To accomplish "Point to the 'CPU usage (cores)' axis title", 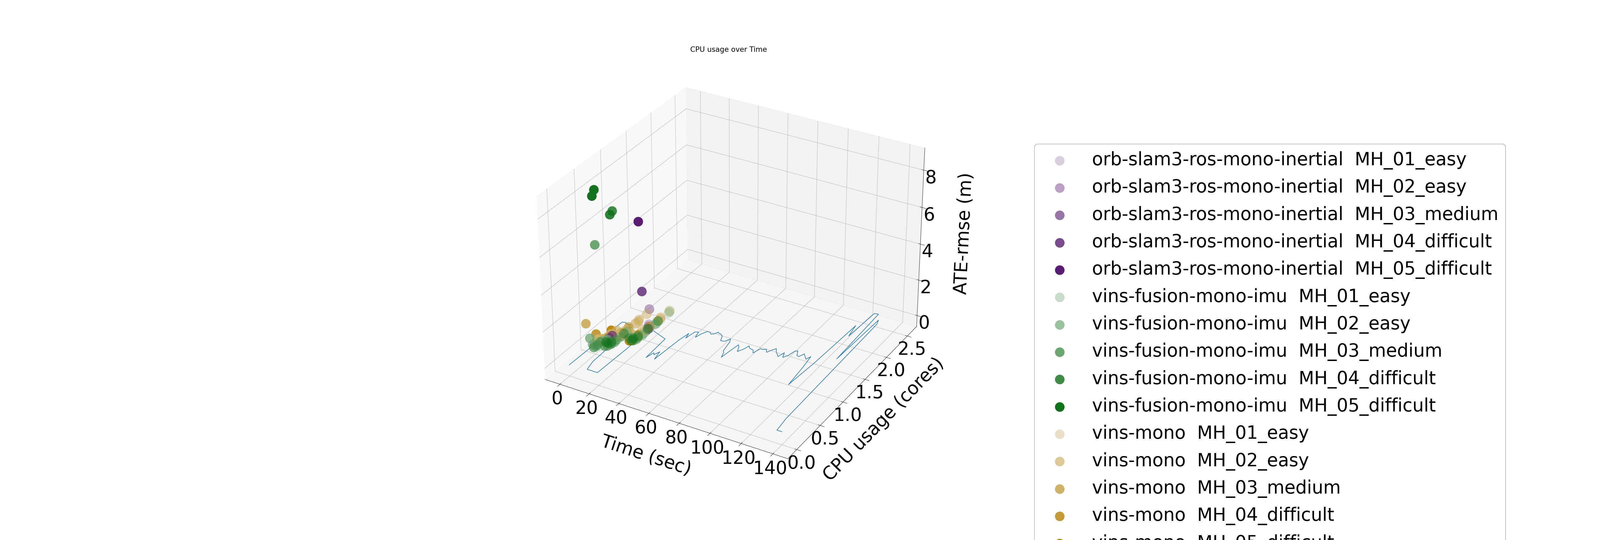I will (x=883, y=419).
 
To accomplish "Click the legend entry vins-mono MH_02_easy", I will (x=1200, y=460).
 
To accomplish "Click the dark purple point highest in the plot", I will (x=638, y=221).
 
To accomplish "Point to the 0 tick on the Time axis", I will (x=557, y=398).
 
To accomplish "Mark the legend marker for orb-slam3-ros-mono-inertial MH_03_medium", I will (x=1060, y=215).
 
